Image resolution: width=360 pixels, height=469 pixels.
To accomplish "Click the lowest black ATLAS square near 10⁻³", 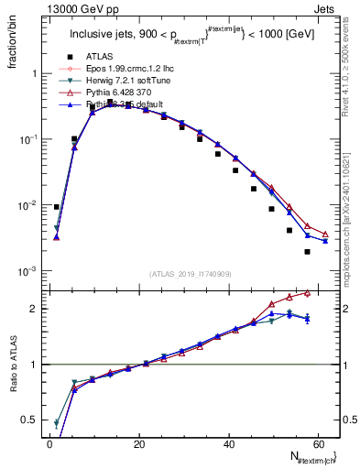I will click(x=307, y=251).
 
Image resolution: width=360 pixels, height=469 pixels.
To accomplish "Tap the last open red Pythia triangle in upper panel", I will click(x=324, y=234).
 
